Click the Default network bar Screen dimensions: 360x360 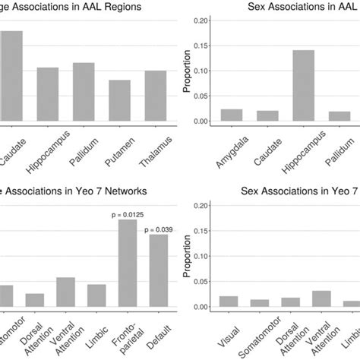pos(158,270)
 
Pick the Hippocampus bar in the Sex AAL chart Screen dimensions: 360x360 pos(303,87)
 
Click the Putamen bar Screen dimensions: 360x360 pos(119,102)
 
